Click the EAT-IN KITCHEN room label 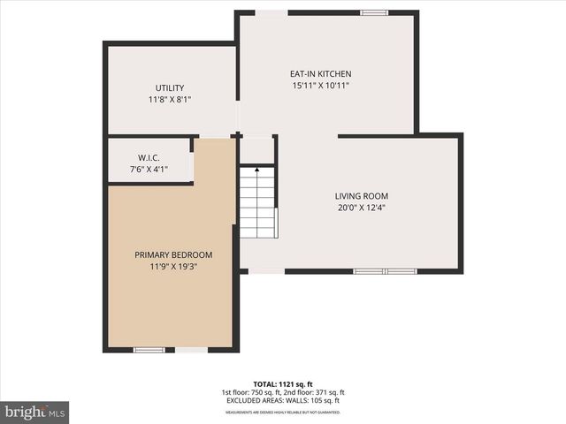tap(321, 74)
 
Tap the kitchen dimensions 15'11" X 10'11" tap(321, 86)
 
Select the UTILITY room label tap(170, 87)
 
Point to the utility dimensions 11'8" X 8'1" tap(170, 100)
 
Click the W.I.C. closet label tap(149, 157)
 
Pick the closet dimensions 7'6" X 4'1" tap(149, 170)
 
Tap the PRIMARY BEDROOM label tap(173, 254)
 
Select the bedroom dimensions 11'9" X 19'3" tap(173, 267)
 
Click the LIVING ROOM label tap(361, 196)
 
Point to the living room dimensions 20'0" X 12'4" tap(361, 208)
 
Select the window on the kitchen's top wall tap(374, 12)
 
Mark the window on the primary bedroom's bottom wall tap(149, 350)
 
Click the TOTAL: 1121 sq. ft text tap(284, 384)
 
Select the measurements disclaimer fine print tap(284, 412)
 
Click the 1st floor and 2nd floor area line tap(284, 392)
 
